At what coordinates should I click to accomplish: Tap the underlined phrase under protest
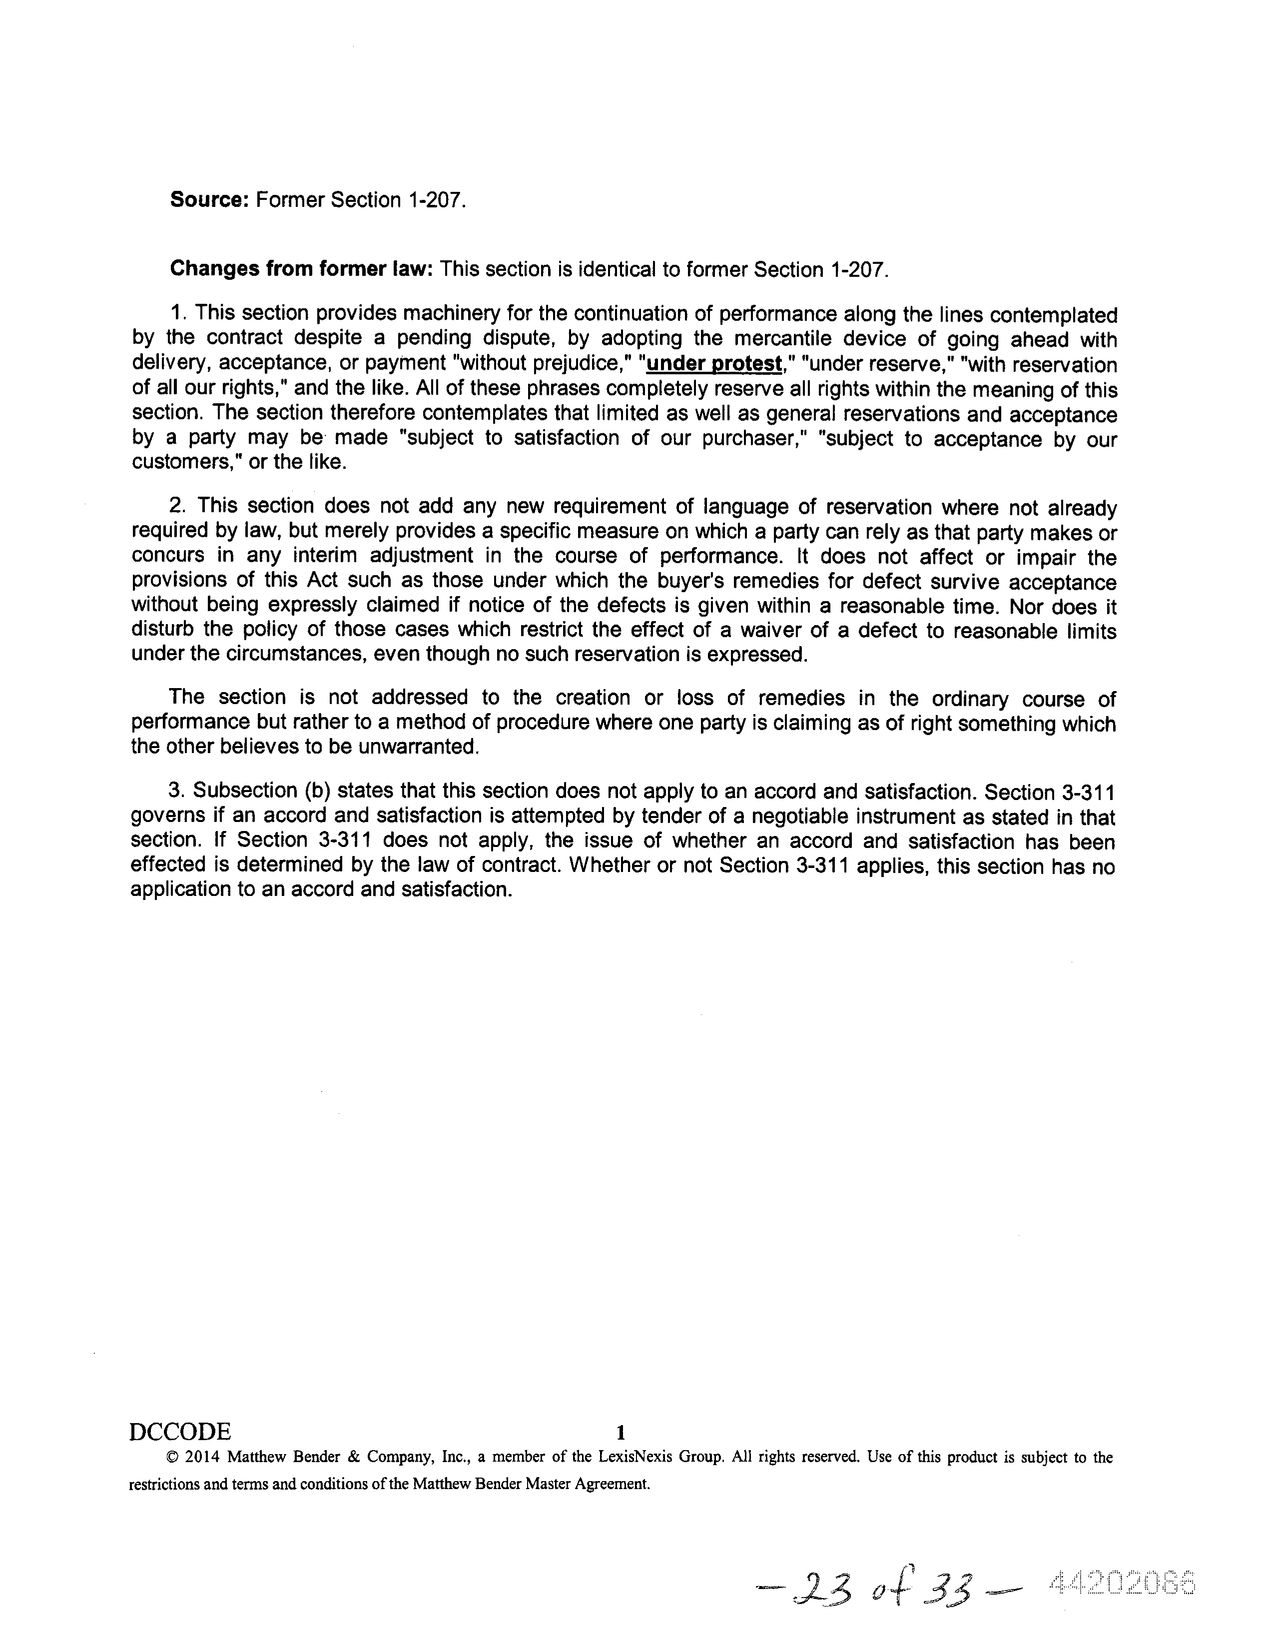click(713, 364)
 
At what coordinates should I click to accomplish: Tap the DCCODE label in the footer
click(180, 1432)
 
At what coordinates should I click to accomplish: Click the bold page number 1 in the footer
click(621, 1432)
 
